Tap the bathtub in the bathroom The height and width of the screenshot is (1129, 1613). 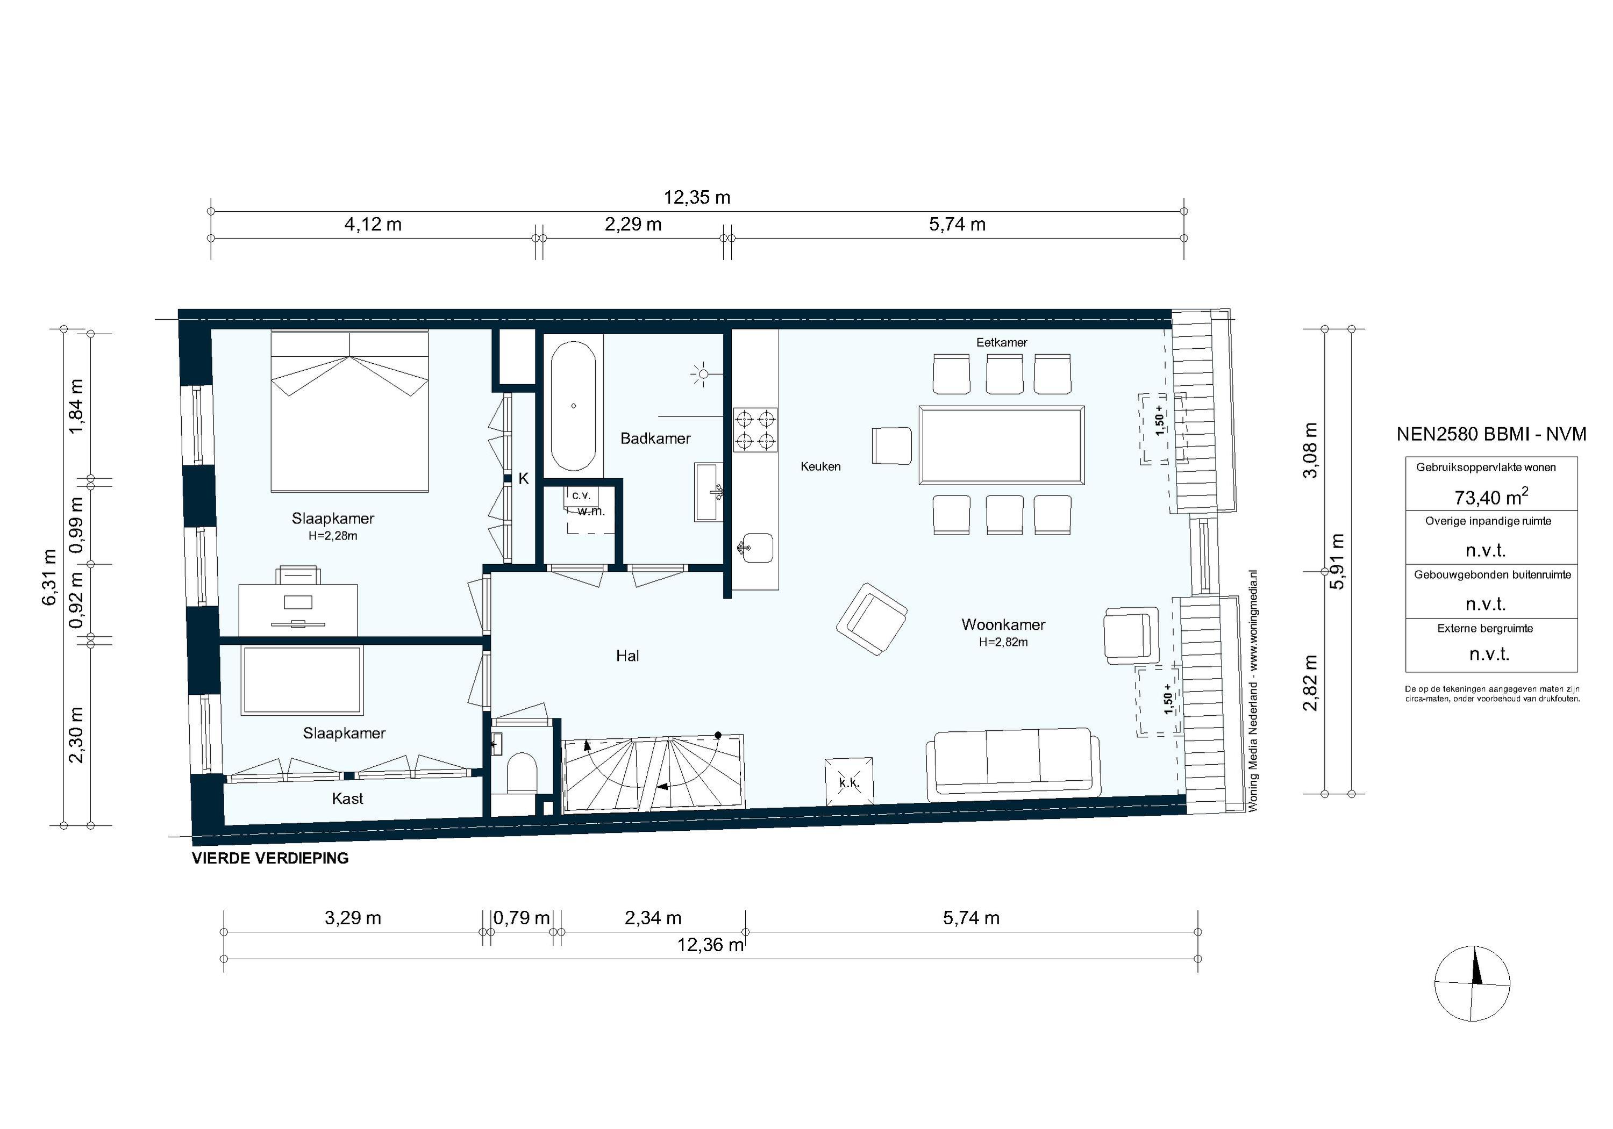pos(573,406)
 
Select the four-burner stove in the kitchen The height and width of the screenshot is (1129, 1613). pos(755,430)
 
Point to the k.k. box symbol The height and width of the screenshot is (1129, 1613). pos(848,781)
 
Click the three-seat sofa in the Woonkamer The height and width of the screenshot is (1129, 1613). pos(1012,764)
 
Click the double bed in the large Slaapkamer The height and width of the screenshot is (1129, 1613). pos(349,412)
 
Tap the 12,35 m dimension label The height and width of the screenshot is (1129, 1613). pos(697,198)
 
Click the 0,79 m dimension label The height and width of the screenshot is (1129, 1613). pos(522,918)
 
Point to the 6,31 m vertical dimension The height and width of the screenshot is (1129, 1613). pos(49,577)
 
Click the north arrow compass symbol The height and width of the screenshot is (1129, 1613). pos(1473,983)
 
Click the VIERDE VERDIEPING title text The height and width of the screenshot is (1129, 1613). pos(270,858)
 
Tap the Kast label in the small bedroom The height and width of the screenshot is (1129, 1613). pos(347,799)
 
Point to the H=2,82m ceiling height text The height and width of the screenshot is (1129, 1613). pos(1003,642)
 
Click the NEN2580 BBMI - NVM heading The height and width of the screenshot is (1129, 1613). pos(1491,434)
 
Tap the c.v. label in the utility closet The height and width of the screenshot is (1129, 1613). pos(581,495)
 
